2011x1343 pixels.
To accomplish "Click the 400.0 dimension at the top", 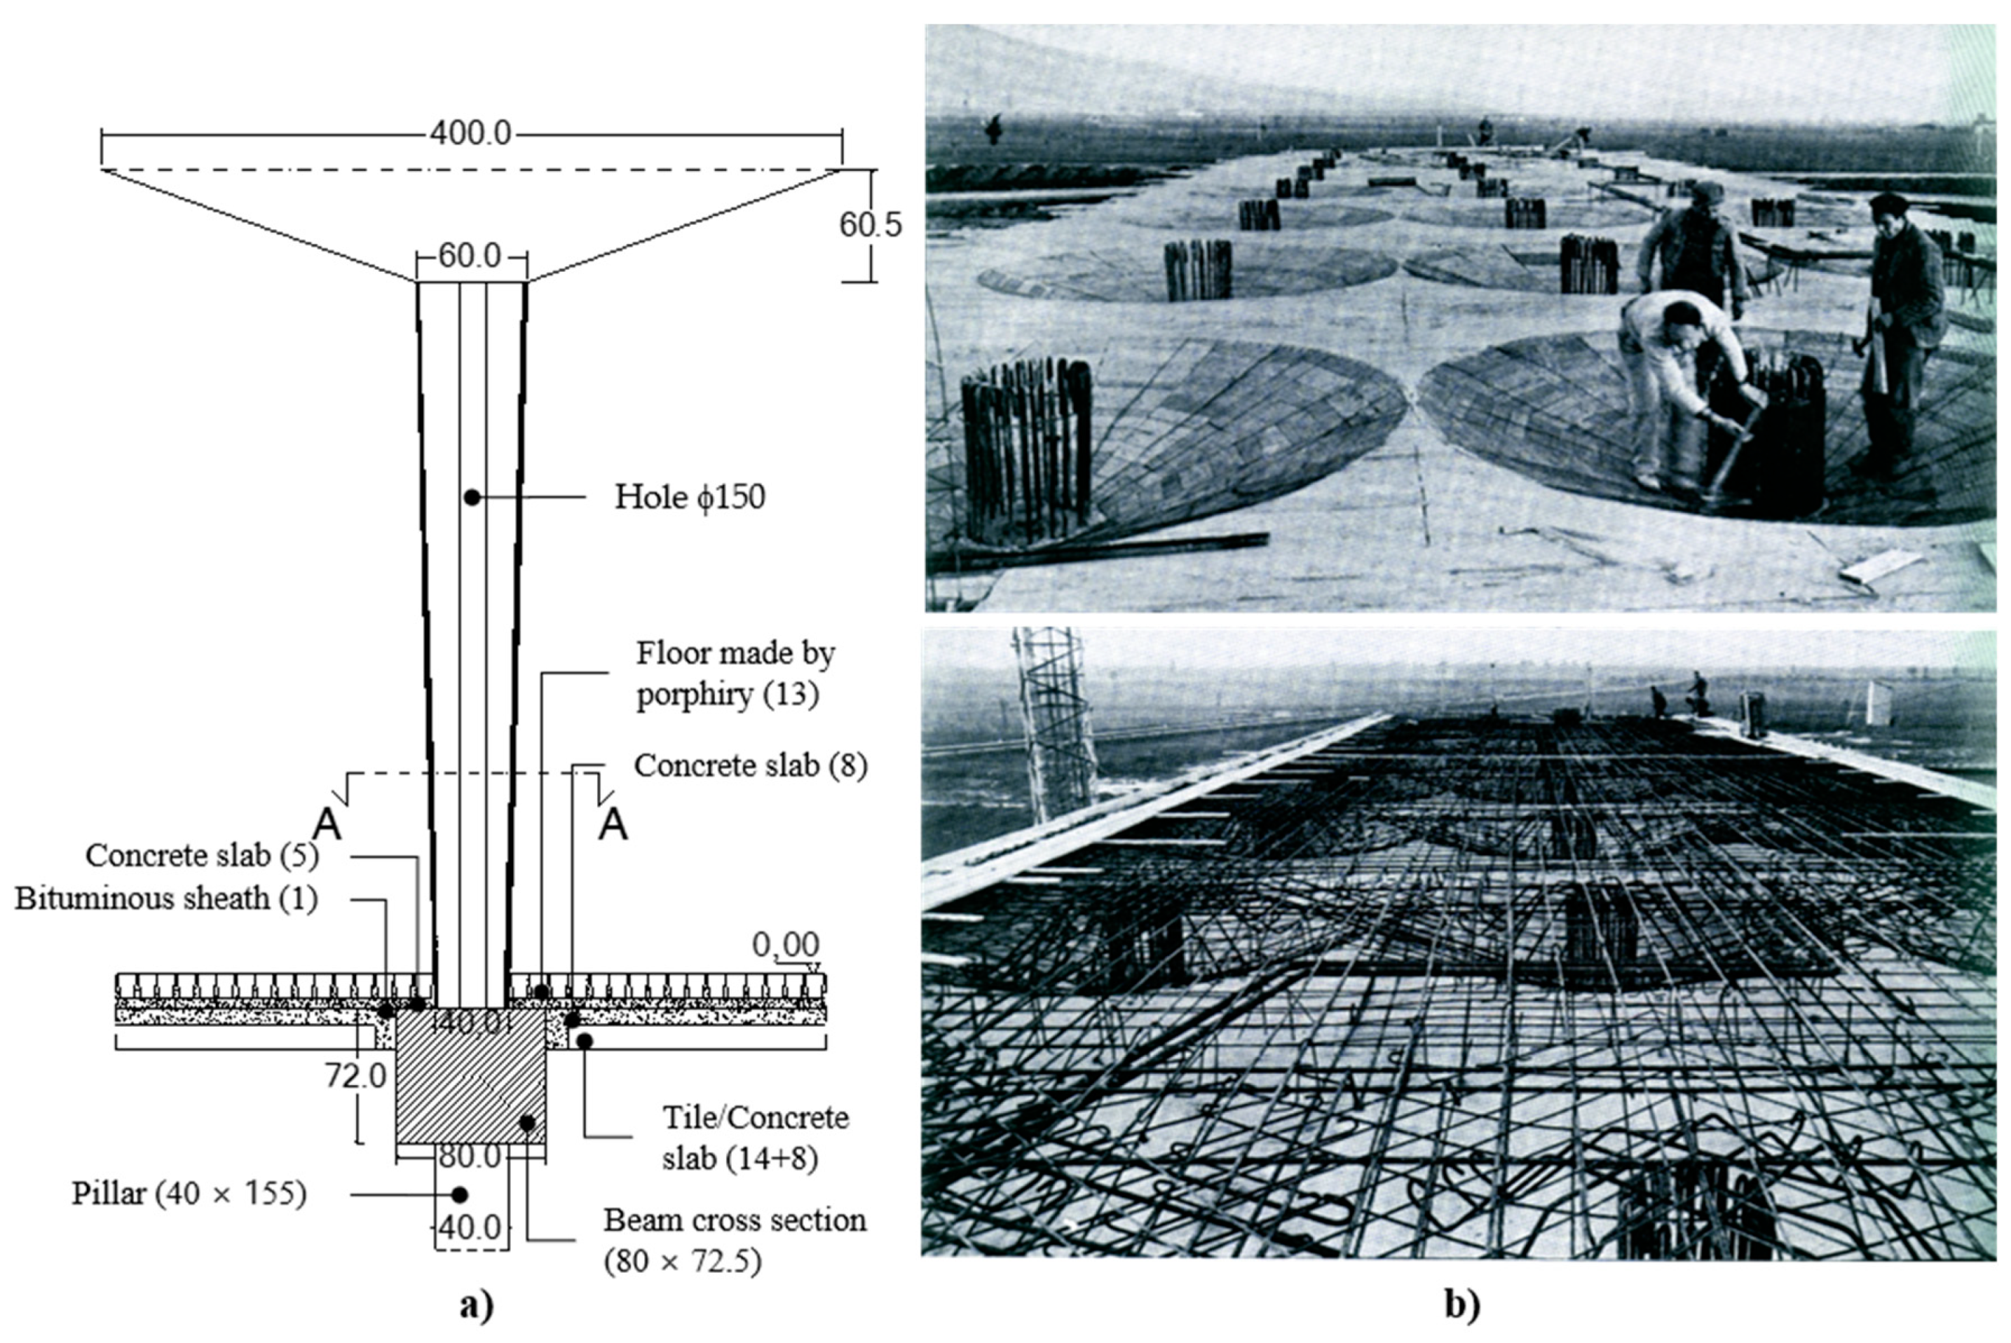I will pyautogui.click(x=470, y=134).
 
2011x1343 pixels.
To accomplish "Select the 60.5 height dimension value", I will pyautogui.click(x=870, y=225).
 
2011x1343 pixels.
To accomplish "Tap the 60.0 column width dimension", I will pyautogui.click(x=470, y=256).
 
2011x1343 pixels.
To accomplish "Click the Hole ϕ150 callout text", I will pyautogui.click(x=690, y=498).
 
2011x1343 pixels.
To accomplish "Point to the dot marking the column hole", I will pyautogui.click(x=471, y=497).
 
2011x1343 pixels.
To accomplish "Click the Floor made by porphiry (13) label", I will pyautogui.click(x=734, y=674).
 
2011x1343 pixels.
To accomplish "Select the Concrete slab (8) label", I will pyautogui.click(x=750, y=765).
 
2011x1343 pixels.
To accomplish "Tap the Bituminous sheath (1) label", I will pyautogui.click(x=166, y=899).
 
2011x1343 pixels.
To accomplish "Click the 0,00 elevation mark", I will pyautogui.click(x=785, y=945).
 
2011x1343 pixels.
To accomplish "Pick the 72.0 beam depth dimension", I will pyautogui.click(x=355, y=1077).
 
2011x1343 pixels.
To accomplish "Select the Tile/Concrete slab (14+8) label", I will pyautogui.click(x=754, y=1138).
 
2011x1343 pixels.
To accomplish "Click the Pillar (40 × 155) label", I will pyautogui.click(x=189, y=1194).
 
